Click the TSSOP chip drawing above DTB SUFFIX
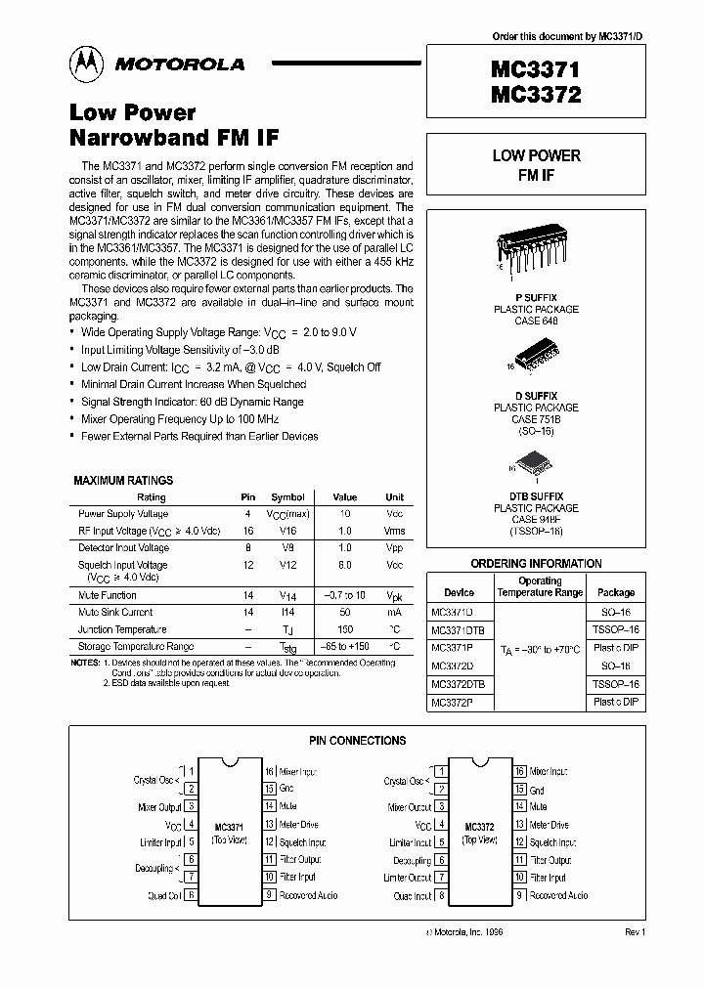pyautogui.click(x=535, y=465)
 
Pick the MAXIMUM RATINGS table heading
pyautogui.click(x=123, y=481)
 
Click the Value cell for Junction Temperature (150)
pyautogui.click(x=344, y=629)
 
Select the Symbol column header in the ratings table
pyautogui.click(x=287, y=497)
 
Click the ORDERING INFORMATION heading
pyautogui.click(x=536, y=564)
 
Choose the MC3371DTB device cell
pyautogui.click(x=459, y=629)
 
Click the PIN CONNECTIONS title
pyautogui.click(x=357, y=741)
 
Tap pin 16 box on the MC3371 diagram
pyautogui.click(x=268, y=772)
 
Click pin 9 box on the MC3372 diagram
pyautogui.click(x=520, y=894)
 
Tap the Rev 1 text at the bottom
pyautogui.click(x=635, y=932)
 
